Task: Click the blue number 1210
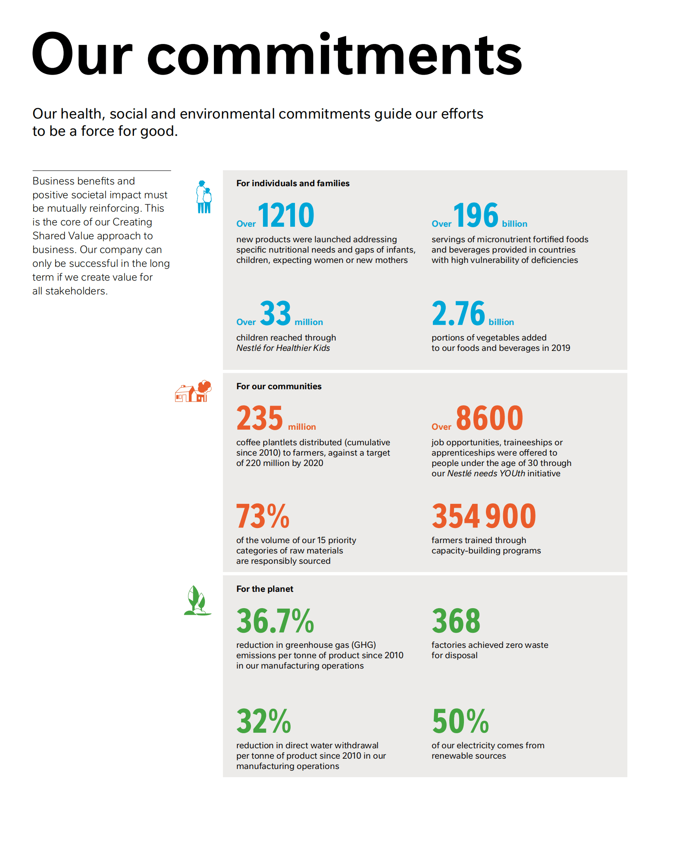coord(286,215)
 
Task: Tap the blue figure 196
coord(476,215)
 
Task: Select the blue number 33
coord(276,313)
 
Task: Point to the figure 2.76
coord(458,313)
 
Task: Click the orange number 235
coord(260,418)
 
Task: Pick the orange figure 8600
coord(489,418)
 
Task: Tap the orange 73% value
coord(263,516)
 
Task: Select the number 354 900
coord(483,516)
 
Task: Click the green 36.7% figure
coord(275,621)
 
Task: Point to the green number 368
coord(456,621)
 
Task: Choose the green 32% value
coord(263,721)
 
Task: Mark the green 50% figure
coord(460,721)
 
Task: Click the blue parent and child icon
coord(204,197)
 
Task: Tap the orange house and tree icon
coord(193,391)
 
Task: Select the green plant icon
coord(197,600)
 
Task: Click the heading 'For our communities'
coord(279,386)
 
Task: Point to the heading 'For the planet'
coord(264,589)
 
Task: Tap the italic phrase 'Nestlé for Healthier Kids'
coord(283,348)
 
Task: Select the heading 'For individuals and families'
coord(293,183)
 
